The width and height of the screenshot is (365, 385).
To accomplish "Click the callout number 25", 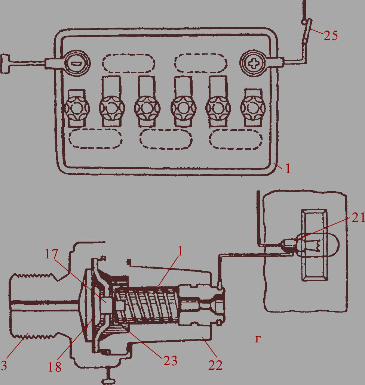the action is pos(331,35).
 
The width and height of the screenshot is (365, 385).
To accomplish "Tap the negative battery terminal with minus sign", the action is pos(77,63).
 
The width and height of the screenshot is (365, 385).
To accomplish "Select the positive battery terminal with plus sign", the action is pos(253,63).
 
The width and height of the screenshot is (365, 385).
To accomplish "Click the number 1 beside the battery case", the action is pos(288,169).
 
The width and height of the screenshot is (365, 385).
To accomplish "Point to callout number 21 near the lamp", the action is pos(358,217).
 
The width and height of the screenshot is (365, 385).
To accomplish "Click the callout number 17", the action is pos(51,254).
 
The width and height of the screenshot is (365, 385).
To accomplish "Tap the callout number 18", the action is pos(54,367).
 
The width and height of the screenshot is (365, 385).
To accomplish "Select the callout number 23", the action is pos(170,361).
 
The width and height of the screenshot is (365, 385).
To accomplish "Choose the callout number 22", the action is pos(215,365).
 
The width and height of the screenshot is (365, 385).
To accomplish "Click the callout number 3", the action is pos(4,365).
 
